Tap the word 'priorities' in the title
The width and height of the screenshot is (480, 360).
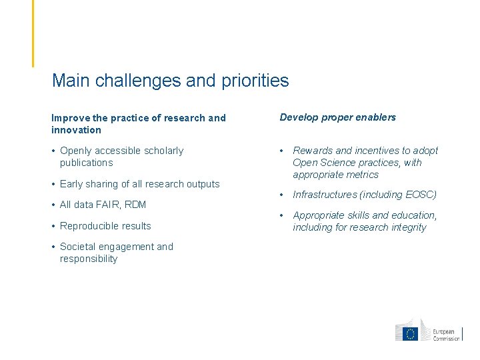254,81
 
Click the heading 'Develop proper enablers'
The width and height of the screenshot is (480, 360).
337,117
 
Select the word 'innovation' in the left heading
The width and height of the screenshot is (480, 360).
76,130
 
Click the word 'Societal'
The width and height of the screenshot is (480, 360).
77,247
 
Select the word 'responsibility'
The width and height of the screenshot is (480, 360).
89,259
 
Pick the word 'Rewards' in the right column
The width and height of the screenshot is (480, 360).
311,151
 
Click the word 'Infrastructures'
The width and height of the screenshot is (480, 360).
325,195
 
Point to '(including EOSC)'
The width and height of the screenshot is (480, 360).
398,195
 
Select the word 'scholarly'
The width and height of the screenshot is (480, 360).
160,151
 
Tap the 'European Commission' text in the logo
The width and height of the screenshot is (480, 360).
446,335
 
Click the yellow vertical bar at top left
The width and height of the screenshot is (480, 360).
33,33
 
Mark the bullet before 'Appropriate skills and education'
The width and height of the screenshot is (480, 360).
283,215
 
